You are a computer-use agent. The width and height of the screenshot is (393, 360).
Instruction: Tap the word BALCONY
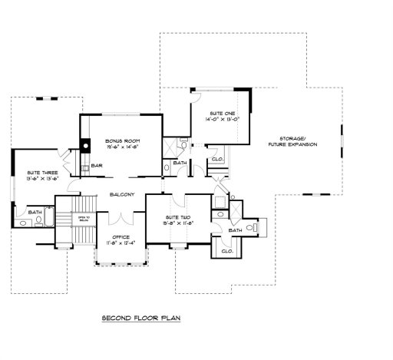122,194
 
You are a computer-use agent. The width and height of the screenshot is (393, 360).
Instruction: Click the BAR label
97,166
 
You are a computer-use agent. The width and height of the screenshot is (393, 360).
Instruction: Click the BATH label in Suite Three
35,213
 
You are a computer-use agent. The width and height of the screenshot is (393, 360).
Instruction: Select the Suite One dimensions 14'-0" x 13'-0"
223,120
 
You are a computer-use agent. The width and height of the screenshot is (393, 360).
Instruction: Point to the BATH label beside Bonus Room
180,163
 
